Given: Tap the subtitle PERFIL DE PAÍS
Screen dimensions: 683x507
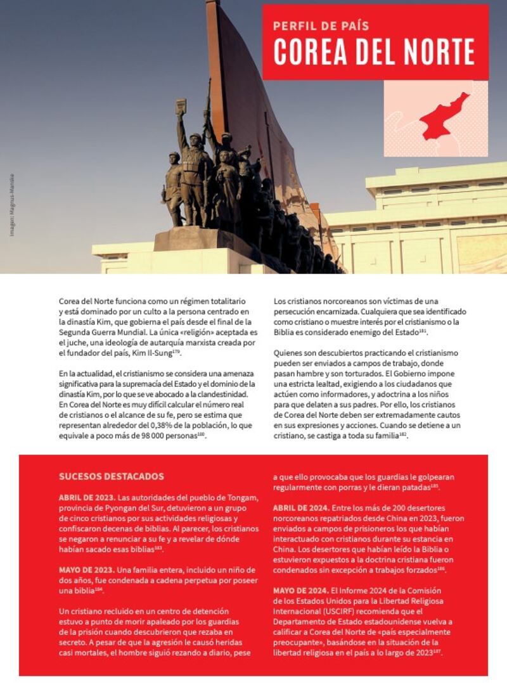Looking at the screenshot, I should pyautogui.click(x=321, y=26).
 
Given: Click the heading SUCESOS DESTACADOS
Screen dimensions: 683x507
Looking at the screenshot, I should pyautogui.click(x=112, y=476).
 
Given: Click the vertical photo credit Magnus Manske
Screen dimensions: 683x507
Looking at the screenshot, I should pyautogui.click(x=12, y=205).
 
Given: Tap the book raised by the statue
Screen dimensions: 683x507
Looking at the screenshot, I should pyautogui.click(x=181, y=107).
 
